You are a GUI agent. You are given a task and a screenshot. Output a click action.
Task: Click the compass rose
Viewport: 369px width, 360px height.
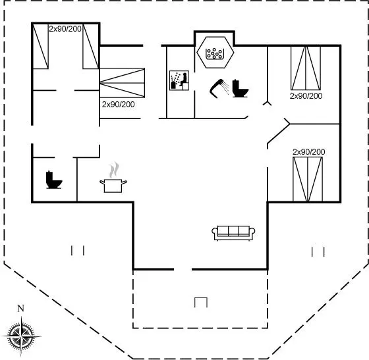point(21,336)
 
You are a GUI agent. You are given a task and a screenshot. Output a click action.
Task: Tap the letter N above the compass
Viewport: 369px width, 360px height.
point(21,308)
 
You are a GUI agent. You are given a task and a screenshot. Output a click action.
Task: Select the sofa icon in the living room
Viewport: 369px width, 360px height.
point(233,233)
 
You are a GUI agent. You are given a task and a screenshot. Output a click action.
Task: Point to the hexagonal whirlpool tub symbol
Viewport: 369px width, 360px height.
point(215,53)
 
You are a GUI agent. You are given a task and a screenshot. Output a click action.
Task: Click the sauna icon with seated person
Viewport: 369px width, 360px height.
point(179,80)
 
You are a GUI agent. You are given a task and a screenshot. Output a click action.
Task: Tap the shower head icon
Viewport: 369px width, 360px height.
point(219,88)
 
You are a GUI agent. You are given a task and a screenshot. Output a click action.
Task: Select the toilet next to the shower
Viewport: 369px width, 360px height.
point(241,89)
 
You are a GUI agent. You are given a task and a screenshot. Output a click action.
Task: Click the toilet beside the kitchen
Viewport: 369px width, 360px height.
point(54,180)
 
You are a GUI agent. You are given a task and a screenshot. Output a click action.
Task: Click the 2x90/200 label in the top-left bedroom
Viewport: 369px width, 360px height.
point(65,29)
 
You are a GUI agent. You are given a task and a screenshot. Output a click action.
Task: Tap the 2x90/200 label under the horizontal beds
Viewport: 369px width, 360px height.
point(118,105)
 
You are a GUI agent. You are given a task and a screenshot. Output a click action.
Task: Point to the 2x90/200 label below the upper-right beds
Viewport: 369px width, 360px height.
point(306,96)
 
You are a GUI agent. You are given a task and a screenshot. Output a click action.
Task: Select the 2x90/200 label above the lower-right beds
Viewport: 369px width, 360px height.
point(309,152)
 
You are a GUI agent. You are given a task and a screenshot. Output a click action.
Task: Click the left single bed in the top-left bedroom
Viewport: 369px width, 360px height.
point(40,46)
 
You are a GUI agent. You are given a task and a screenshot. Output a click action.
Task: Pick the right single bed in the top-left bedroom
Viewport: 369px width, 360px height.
point(91,46)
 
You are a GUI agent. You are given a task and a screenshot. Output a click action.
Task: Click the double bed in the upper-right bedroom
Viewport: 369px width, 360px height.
point(306,68)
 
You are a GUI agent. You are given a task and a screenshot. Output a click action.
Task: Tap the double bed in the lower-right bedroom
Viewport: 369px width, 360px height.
point(308,179)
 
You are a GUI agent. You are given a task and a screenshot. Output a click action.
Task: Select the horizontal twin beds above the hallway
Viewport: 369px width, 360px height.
point(122,83)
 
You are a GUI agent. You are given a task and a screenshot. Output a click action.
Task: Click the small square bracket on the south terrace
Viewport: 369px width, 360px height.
point(201,303)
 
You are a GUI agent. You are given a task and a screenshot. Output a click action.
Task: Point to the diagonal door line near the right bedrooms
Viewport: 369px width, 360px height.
point(278,132)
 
